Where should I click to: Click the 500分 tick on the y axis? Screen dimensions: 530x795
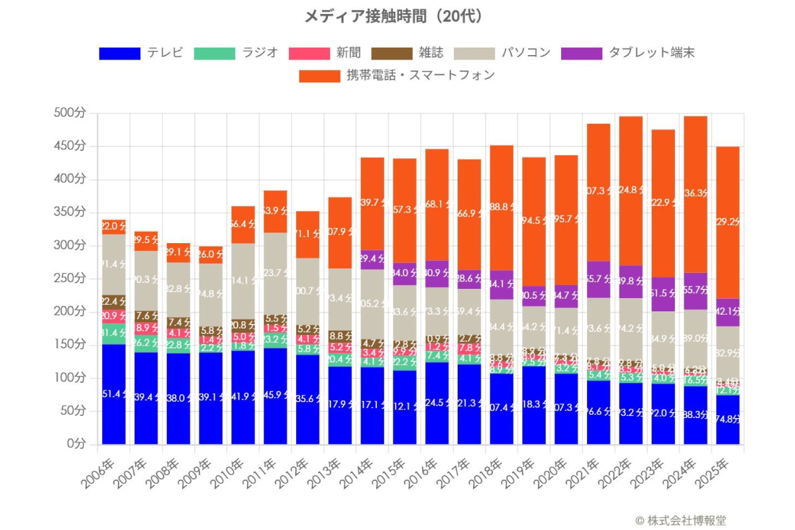coord(70,113)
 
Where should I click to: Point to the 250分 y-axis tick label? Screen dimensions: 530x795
coord(70,278)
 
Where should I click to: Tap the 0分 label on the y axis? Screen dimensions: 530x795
coord(74,444)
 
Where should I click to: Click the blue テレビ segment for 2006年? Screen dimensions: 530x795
coord(113,394)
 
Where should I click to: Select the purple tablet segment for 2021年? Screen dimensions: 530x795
coord(598,279)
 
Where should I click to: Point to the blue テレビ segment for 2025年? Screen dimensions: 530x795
coord(728,419)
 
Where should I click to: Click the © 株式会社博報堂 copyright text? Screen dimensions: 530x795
coord(684,521)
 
